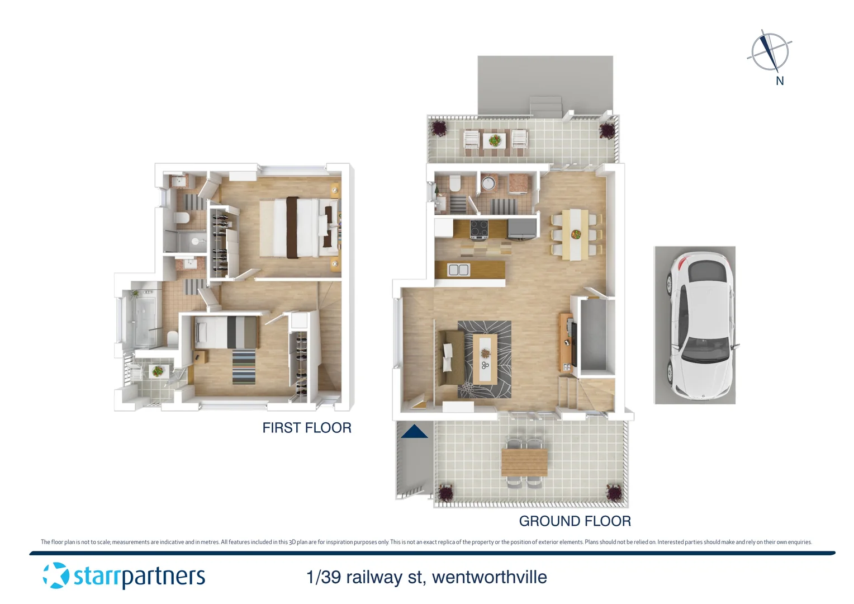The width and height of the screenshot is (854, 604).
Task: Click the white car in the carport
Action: (699, 325)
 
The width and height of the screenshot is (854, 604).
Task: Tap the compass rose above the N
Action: (770, 51)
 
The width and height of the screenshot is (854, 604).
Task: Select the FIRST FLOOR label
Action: (307, 428)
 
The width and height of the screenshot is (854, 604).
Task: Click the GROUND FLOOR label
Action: (575, 521)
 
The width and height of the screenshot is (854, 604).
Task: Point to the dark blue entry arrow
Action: (414, 432)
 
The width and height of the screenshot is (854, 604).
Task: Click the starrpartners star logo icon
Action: (56, 575)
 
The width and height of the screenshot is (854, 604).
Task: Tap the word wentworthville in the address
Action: (489, 577)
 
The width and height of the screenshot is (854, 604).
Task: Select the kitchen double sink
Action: (459, 270)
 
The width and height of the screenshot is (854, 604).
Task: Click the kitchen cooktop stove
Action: (479, 229)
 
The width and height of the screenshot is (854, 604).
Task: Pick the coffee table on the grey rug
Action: (485, 358)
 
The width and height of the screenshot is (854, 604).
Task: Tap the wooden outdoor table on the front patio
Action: (524, 462)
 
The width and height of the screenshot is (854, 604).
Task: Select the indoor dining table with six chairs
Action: (575, 234)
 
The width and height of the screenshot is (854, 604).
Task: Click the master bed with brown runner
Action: (297, 228)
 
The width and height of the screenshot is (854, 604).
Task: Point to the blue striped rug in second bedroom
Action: (244, 366)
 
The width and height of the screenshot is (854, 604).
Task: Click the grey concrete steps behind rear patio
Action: (545, 106)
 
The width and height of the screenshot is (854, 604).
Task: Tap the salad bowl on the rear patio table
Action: (495, 140)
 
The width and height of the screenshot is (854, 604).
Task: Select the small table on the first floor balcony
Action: (158, 371)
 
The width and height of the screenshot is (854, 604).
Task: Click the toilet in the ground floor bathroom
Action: (454, 183)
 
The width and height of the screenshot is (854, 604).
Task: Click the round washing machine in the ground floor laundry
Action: (488, 183)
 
